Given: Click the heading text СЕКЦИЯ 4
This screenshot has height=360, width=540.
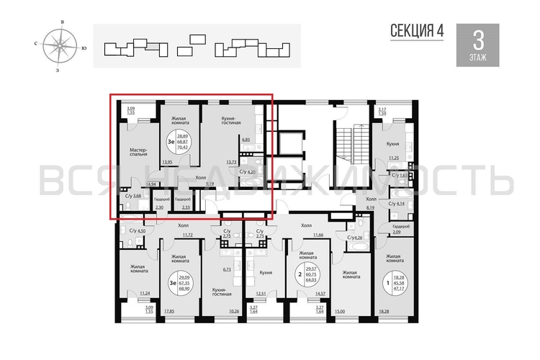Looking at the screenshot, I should click(x=417, y=30).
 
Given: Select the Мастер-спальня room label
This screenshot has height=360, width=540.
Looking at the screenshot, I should click(x=139, y=150).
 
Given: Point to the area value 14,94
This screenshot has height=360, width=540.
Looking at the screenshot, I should click(x=151, y=184).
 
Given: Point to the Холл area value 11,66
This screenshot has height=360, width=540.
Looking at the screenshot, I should click(x=317, y=235).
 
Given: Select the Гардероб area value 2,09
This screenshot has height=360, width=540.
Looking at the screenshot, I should click(x=396, y=231).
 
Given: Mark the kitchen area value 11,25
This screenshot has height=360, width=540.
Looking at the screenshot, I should click(x=393, y=158).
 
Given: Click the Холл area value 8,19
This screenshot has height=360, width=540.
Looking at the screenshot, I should click(x=371, y=207).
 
